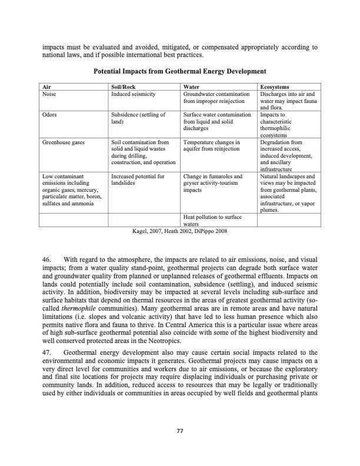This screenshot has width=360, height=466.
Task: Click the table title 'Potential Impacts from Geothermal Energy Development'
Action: pos(180,71)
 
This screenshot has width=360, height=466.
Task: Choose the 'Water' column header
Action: pos(192,87)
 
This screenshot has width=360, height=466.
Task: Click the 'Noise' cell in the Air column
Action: pos(49,94)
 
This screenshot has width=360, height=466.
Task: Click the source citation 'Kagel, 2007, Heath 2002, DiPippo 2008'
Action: pos(180,231)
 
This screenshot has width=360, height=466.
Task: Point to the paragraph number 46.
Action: pos(48,259)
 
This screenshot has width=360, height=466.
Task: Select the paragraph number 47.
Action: pos(48,352)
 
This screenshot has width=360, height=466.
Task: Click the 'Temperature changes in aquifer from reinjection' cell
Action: pos(212,146)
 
